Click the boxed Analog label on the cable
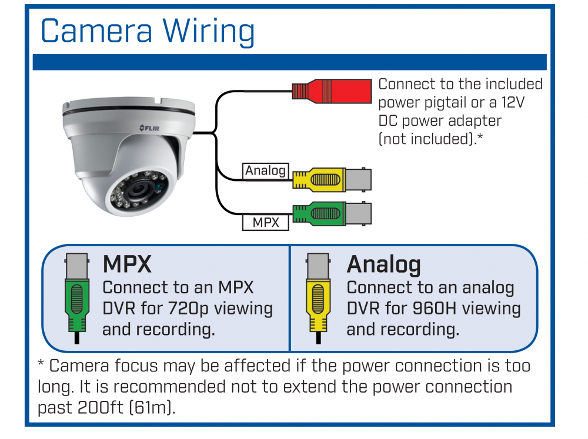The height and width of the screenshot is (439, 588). pyautogui.click(x=266, y=170)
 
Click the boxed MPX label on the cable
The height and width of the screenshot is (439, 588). pyautogui.click(x=266, y=223)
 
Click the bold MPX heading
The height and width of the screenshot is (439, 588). pyautogui.click(x=127, y=264)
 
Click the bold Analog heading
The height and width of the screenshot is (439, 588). pyautogui.click(x=383, y=264)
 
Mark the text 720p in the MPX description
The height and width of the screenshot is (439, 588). pyautogui.click(x=189, y=309)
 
